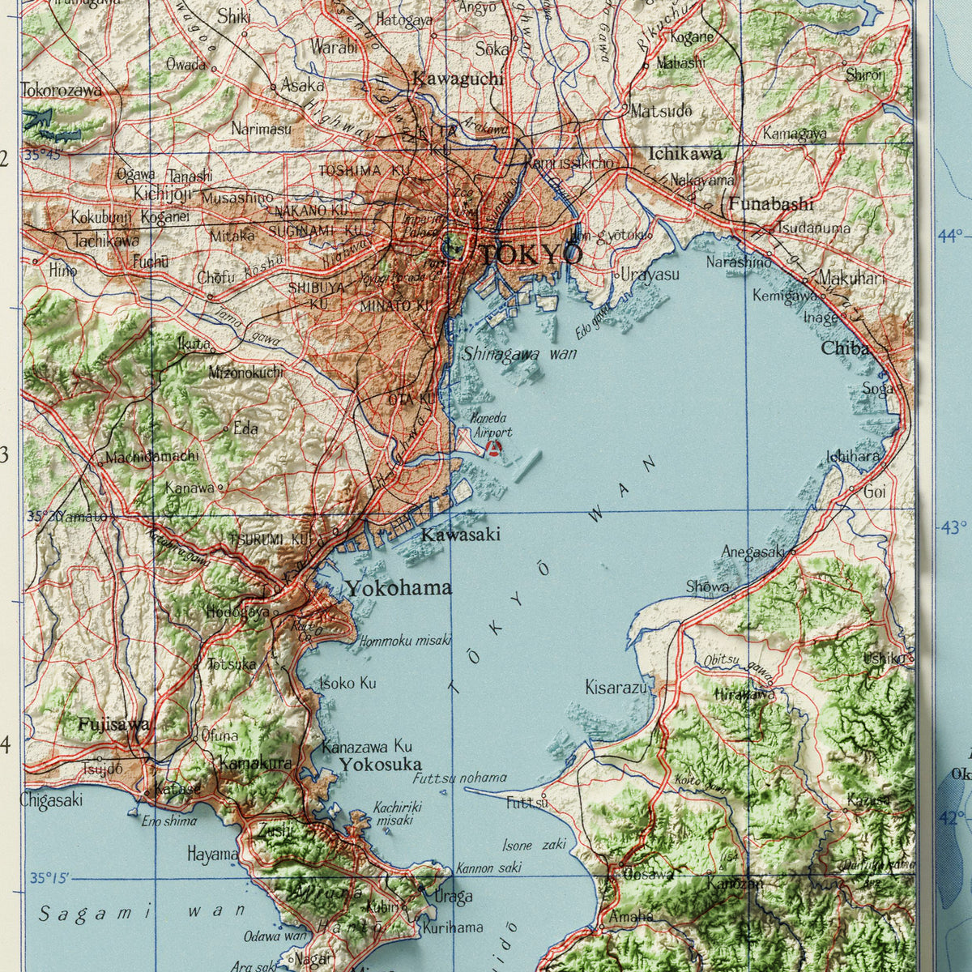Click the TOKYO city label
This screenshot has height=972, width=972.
(x=531, y=254)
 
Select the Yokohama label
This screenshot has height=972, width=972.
(x=399, y=588)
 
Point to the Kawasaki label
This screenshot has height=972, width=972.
(x=460, y=535)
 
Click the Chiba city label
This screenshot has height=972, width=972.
(x=845, y=348)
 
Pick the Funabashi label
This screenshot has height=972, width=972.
(x=770, y=203)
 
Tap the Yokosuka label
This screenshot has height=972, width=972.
(x=380, y=765)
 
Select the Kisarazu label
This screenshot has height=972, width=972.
(x=616, y=688)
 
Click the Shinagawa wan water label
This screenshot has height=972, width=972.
(x=519, y=353)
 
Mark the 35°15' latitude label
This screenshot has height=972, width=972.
(x=50, y=878)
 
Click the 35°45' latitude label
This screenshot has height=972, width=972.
(x=42, y=155)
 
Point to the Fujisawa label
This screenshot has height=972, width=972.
(x=114, y=725)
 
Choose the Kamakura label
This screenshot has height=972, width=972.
(x=255, y=763)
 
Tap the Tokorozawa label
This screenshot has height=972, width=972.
(x=62, y=90)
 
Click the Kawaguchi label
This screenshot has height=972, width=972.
(x=458, y=79)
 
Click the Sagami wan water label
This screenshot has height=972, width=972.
(x=142, y=913)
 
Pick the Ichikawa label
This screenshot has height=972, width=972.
(x=684, y=153)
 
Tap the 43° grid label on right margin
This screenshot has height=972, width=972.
(x=953, y=527)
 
